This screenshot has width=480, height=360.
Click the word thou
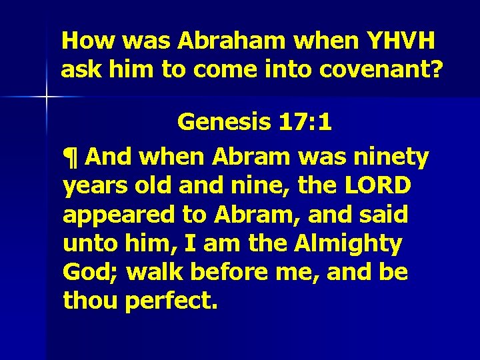click(x=90, y=302)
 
